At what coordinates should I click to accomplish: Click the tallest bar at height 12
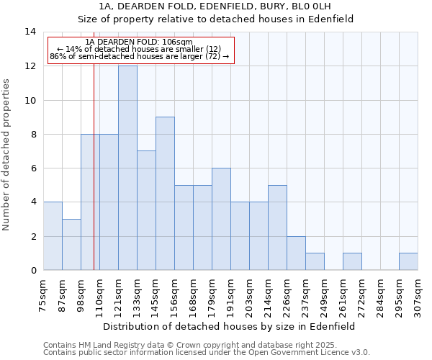pos(127,168)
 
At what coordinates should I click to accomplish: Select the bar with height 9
pos(165,194)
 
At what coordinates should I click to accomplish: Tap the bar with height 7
pos(146,210)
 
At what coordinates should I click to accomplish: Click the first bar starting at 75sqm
pos(53,236)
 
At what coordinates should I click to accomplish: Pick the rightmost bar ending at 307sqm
pos(408,261)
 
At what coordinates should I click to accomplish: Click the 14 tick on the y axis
pos(31,32)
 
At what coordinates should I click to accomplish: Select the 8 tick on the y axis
pos(31,134)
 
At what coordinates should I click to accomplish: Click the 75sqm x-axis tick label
pos(44,294)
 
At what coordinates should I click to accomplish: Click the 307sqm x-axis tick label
pos(418,294)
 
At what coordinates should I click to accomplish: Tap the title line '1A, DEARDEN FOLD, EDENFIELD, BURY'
pos(216,6)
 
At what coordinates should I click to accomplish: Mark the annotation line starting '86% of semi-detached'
pos(140,56)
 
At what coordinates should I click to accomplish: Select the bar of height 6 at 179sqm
pos(221,219)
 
